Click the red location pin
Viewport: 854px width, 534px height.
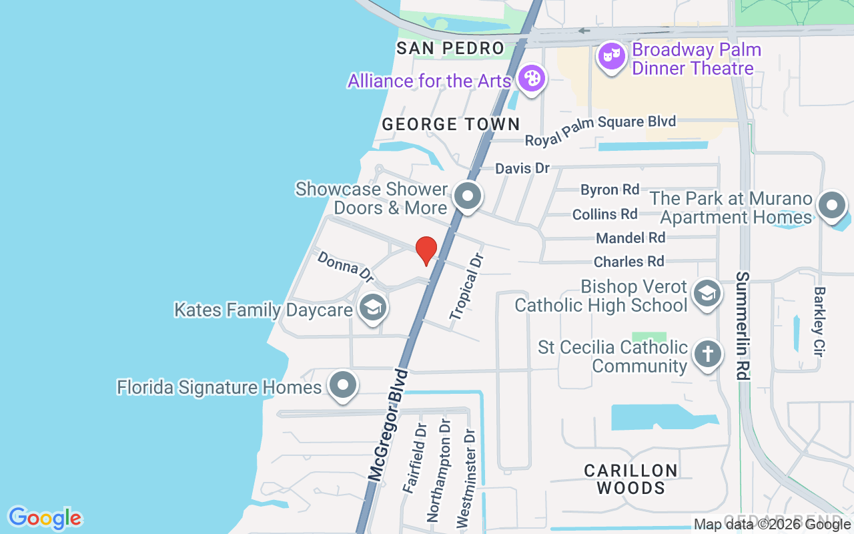click(x=426, y=250)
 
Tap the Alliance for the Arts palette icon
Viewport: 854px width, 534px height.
click(x=532, y=79)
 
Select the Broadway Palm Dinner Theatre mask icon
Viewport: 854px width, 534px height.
click(x=609, y=56)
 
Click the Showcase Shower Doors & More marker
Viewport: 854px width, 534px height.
click(x=467, y=196)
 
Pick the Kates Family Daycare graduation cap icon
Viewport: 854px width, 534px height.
click(x=372, y=308)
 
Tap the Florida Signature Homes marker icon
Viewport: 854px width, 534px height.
click(x=344, y=385)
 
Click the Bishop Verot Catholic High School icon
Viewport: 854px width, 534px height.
click(x=707, y=293)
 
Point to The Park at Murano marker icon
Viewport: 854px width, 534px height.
click(x=831, y=206)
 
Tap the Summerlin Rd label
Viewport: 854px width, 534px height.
click(x=743, y=325)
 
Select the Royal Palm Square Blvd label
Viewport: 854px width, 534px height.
click(x=600, y=131)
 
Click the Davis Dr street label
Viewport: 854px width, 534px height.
click(x=522, y=168)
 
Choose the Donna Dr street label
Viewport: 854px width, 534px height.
click(x=345, y=266)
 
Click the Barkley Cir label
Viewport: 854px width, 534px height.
click(x=820, y=320)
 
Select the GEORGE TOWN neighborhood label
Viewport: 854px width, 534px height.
click(x=450, y=124)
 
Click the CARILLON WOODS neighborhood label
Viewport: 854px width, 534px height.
click(x=630, y=479)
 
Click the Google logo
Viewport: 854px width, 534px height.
click(x=45, y=518)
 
